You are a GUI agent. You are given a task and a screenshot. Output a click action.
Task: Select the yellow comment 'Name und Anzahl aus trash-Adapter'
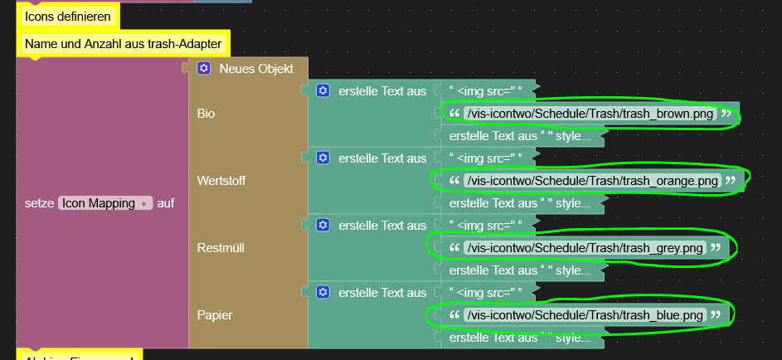pos(124,43)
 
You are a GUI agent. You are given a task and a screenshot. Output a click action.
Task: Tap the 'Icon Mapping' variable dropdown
pos(104,202)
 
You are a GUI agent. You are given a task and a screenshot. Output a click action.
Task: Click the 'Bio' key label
pos(206,114)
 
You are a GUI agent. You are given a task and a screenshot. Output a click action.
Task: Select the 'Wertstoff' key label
pos(221,181)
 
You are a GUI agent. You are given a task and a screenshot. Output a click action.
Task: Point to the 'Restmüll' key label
pos(221,248)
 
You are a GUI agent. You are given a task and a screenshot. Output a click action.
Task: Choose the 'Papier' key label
pos(215,315)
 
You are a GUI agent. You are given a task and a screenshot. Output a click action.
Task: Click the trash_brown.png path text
pos(590,114)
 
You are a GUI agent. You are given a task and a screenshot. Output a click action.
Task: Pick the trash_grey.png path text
pos(585,248)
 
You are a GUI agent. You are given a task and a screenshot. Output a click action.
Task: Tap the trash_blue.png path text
pos(585,315)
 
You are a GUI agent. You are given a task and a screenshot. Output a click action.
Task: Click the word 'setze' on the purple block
pos(40,202)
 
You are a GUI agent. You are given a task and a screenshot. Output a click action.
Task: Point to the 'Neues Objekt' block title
pos(255,69)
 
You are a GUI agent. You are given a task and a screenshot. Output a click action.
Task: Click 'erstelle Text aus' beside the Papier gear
pos(382,293)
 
